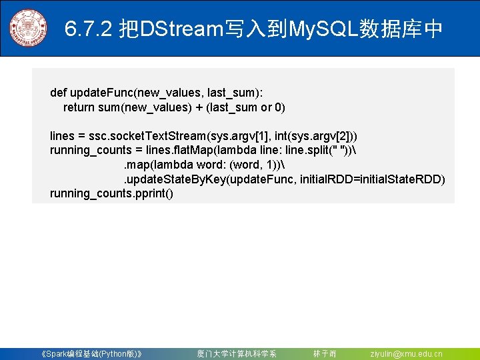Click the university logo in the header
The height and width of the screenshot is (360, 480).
28,28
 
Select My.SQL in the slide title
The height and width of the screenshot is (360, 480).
320,29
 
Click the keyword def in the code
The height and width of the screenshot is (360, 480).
58,93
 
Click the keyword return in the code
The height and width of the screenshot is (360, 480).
79,107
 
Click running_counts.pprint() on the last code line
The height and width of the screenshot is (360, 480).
111,194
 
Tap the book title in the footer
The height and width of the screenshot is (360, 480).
91,354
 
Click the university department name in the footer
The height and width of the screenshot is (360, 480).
236,354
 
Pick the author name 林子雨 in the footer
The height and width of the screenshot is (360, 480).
325,354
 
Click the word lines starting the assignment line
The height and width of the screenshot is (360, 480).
63,136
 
